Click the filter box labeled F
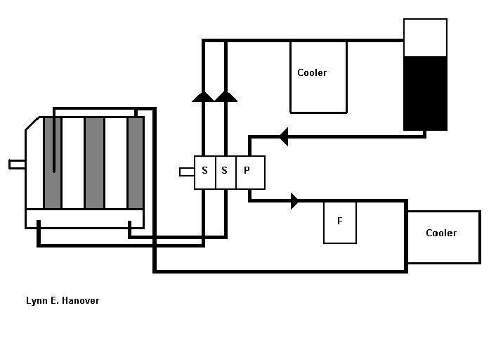[340, 222]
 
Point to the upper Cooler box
[318, 77]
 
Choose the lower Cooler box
[443, 237]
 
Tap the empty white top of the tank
[425, 37]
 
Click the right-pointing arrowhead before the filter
[294, 201]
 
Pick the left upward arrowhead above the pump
[203, 96]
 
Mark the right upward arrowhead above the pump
[226, 96]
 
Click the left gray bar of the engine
[52, 163]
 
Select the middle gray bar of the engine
[94, 163]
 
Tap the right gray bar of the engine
[136, 163]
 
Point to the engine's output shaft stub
[17, 165]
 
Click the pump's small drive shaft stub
[187, 172]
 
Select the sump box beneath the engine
[84, 219]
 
